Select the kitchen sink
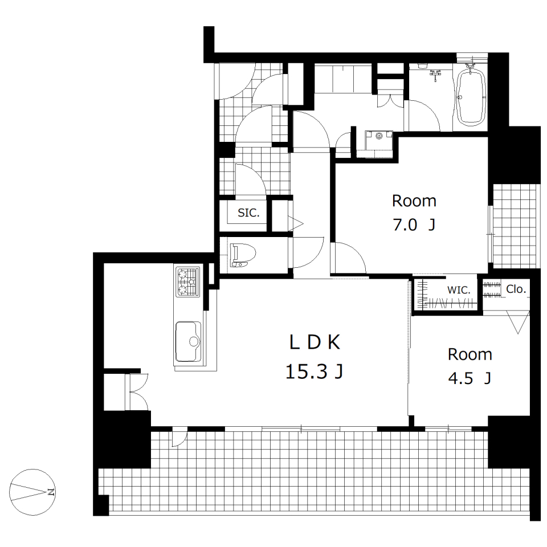pyautogui.click(x=188, y=341)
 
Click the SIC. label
pyautogui.click(x=248, y=213)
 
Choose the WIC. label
pyautogui.click(x=459, y=289)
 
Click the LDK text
pyautogui.click(x=315, y=342)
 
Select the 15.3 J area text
pyautogui.click(x=315, y=371)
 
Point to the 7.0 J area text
pyautogui.click(x=414, y=225)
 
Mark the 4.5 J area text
pyautogui.click(x=470, y=378)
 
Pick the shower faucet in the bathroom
pyautogui.click(x=435, y=74)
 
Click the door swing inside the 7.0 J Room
pyautogui.click(x=348, y=258)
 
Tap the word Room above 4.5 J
pyautogui.click(x=470, y=355)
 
